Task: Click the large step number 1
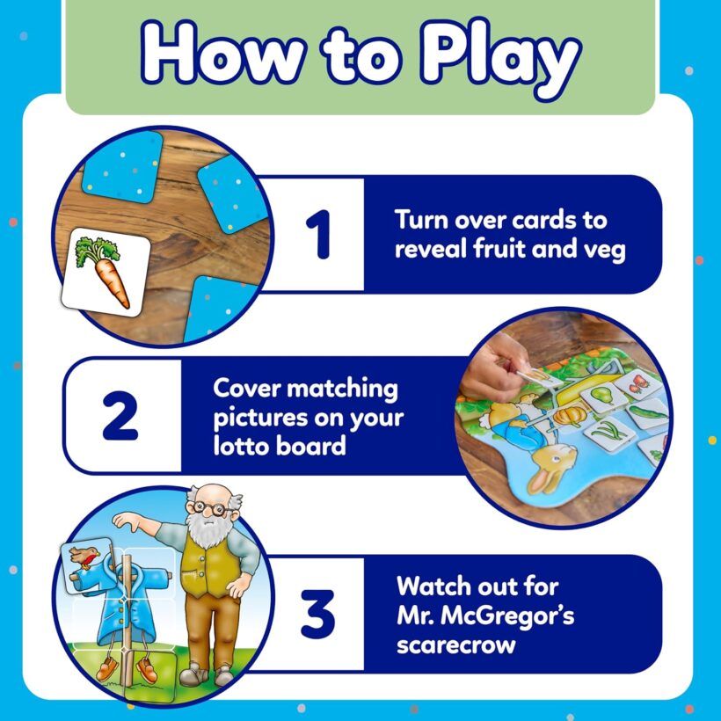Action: point(318,234)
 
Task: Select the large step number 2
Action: point(120,415)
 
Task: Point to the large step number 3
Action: point(317,614)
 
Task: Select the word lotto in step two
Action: point(243,447)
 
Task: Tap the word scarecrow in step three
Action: point(456,645)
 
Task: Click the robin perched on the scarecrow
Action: point(84,557)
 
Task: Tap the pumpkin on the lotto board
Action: point(570,415)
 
